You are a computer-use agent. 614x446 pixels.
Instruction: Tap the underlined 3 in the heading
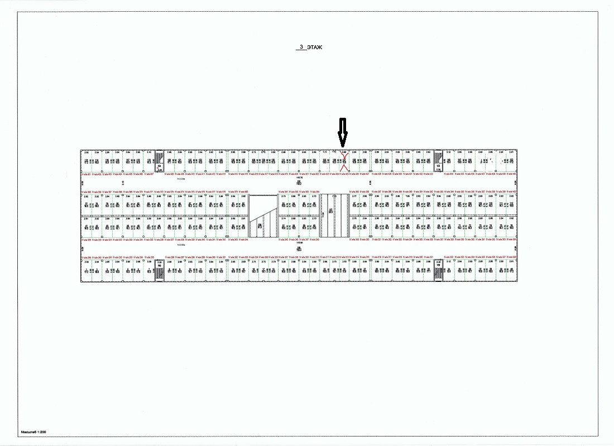click(301, 48)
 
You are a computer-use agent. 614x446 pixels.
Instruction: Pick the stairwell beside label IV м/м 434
click(438, 161)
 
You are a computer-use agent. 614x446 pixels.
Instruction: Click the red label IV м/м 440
click(511, 174)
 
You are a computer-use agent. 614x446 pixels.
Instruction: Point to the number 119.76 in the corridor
click(299, 178)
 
